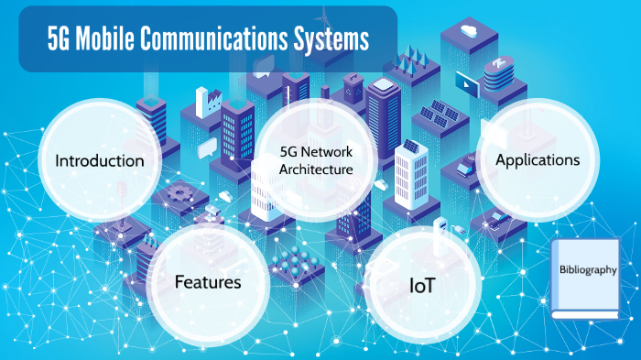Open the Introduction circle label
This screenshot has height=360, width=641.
pyautogui.click(x=100, y=161)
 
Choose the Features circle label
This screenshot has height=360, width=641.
pyautogui.click(x=208, y=281)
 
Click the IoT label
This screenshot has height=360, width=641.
pyautogui.click(x=422, y=286)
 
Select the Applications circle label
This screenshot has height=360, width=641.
pyautogui.click(x=538, y=159)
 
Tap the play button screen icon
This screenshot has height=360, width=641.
pyautogui.click(x=465, y=83)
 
